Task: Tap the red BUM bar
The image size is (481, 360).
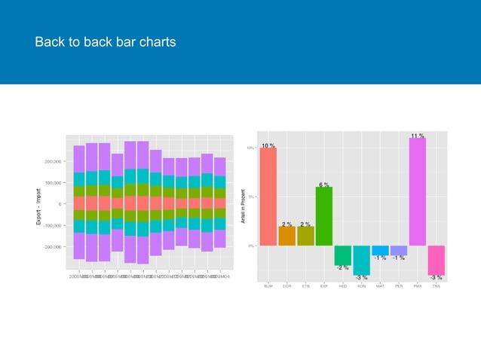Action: click(x=268, y=196)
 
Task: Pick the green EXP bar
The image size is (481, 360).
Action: click(x=324, y=216)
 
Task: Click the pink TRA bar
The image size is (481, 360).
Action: click(x=436, y=260)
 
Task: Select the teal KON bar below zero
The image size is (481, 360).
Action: click(x=362, y=260)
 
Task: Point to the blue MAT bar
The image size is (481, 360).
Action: click(x=380, y=250)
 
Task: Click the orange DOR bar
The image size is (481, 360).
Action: click(x=287, y=236)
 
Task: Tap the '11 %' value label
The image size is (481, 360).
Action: click(x=418, y=136)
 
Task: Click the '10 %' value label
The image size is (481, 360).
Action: click(x=268, y=145)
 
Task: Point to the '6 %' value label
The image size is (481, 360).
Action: click(x=324, y=185)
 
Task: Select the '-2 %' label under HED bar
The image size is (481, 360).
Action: click(x=343, y=268)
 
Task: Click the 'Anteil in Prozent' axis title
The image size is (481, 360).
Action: click(x=242, y=205)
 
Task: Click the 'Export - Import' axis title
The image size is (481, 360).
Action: click(x=38, y=205)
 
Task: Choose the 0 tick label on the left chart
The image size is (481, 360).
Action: click(x=59, y=204)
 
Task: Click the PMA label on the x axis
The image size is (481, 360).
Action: click(x=418, y=286)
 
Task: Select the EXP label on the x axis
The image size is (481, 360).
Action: click(x=324, y=286)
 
